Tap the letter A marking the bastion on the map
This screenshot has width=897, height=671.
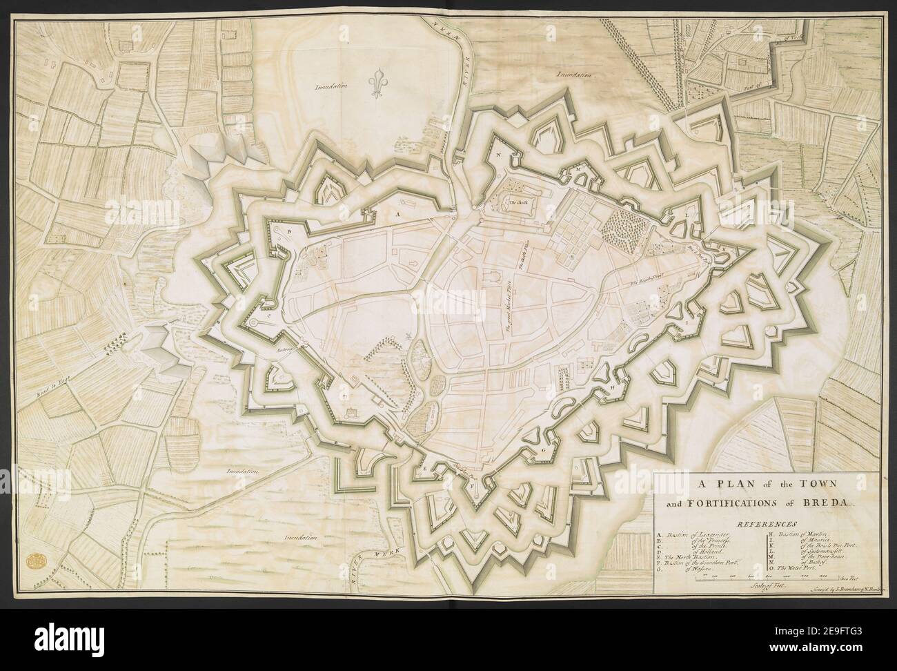(x=397, y=215)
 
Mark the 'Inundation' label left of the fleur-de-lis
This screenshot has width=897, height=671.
(x=331, y=88)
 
